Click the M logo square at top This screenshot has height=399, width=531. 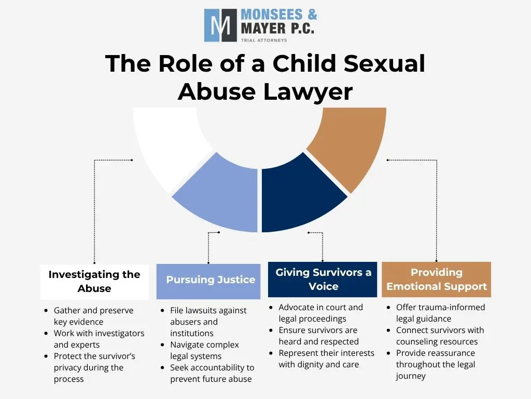click(x=220, y=25)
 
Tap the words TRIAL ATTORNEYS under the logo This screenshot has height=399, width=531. click(x=264, y=40)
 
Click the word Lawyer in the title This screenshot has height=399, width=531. click(x=308, y=92)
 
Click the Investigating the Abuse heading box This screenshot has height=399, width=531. click(x=94, y=282)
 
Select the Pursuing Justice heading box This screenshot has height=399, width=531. click(x=208, y=281)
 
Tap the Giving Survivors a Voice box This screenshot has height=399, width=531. click(x=323, y=279)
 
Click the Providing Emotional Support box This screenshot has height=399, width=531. click(x=436, y=279)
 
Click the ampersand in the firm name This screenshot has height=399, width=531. click(x=312, y=15)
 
